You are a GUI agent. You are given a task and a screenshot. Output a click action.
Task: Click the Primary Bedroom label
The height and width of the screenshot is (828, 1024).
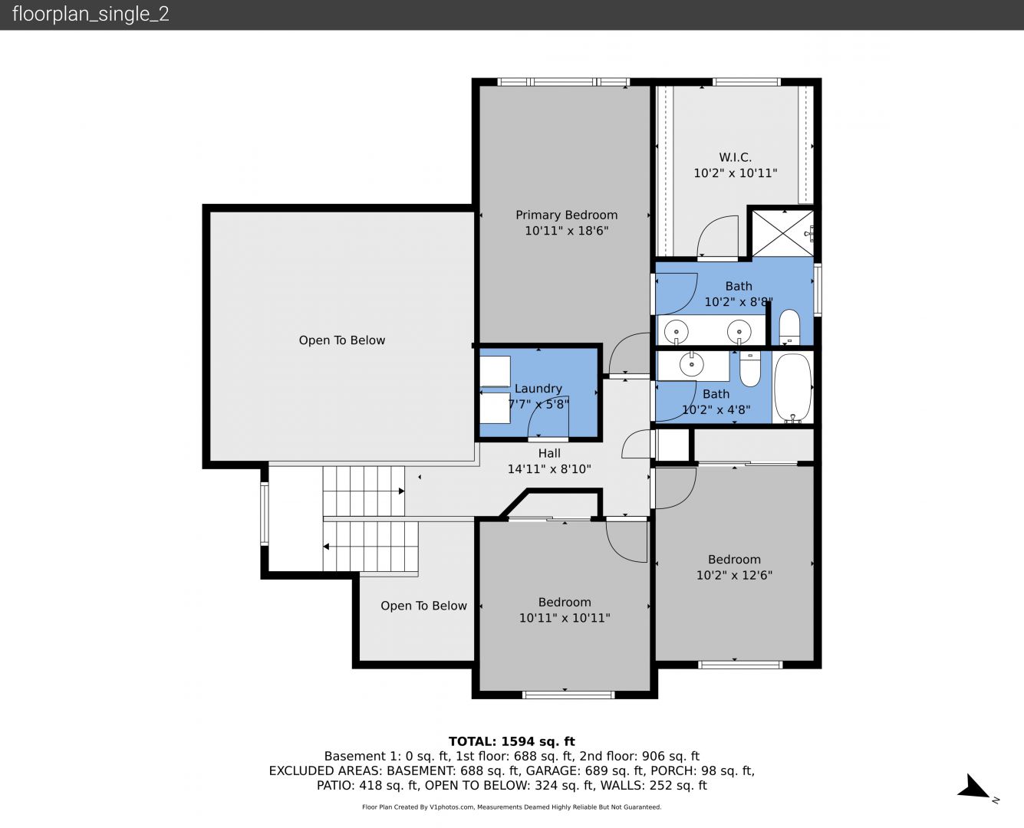tap(566, 215)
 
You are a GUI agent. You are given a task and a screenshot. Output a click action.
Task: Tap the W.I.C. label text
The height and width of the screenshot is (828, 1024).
tap(735, 157)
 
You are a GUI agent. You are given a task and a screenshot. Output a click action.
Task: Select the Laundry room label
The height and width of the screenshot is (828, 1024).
tap(538, 389)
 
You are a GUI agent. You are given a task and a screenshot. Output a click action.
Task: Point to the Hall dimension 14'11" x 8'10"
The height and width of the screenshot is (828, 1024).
tap(549, 469)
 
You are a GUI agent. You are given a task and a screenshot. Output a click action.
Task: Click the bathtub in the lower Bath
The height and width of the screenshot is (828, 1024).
tap(793, 388)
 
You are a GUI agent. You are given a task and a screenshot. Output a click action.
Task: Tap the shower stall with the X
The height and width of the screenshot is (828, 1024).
tap(782, 234)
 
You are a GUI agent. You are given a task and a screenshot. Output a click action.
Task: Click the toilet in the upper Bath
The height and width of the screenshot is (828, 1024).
tap(789, 327)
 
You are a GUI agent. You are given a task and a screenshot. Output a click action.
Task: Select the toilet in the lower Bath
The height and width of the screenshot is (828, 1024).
tap(749, 369)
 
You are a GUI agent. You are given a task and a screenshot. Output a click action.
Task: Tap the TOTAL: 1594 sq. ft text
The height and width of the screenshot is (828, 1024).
tap(512, 741)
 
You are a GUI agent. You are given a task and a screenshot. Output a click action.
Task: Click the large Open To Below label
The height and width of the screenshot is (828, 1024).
tap(342, 340)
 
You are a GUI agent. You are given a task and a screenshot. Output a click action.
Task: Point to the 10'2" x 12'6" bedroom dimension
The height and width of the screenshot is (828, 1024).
tap(734, 575)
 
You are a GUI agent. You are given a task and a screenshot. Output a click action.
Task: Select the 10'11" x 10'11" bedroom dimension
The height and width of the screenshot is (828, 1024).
tap(565, 618)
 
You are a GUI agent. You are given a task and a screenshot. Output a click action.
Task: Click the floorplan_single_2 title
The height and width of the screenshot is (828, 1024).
tap(91, 14)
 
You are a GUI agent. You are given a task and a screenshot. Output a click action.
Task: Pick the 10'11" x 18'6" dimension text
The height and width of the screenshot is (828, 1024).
tap(566, 231)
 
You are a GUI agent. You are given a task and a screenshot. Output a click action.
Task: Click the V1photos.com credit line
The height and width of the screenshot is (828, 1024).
tap(512, 807)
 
